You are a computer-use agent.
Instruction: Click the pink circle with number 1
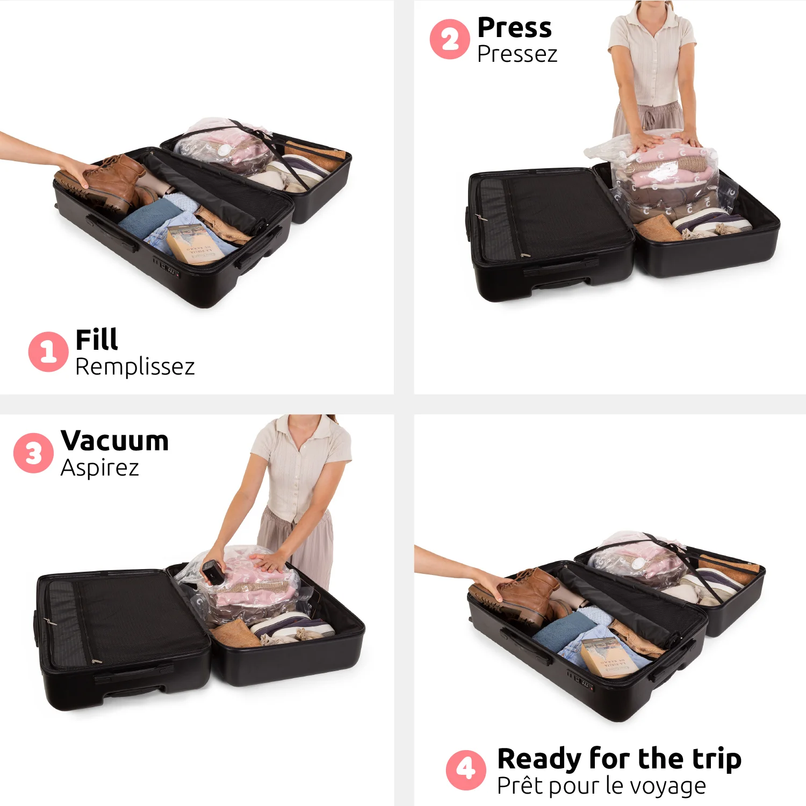pyautogui.click(x=48, y=351)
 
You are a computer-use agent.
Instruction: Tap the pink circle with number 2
pyautogui.click(x=450, y=39)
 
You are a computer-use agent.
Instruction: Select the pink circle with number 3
pyautogui.click(x=33, y=453)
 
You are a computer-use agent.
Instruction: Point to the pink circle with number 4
pyautogui.click(x=466, y=769)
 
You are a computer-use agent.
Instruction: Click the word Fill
pyautogui.click(x=97, y=340)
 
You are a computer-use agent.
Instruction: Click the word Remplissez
pyautogui.click(x=135, y=367)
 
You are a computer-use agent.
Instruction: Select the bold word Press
pyautogui.click(x=514, y=28)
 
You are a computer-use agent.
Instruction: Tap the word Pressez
pyautogui.click(x=517, y=54)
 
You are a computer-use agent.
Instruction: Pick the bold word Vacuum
pyautogui.click(x=115, y=441)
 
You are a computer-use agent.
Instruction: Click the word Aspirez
pyautogui.click(x=100, y=468)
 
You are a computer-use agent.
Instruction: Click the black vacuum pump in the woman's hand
pyautogui.click(x=213, y=571)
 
